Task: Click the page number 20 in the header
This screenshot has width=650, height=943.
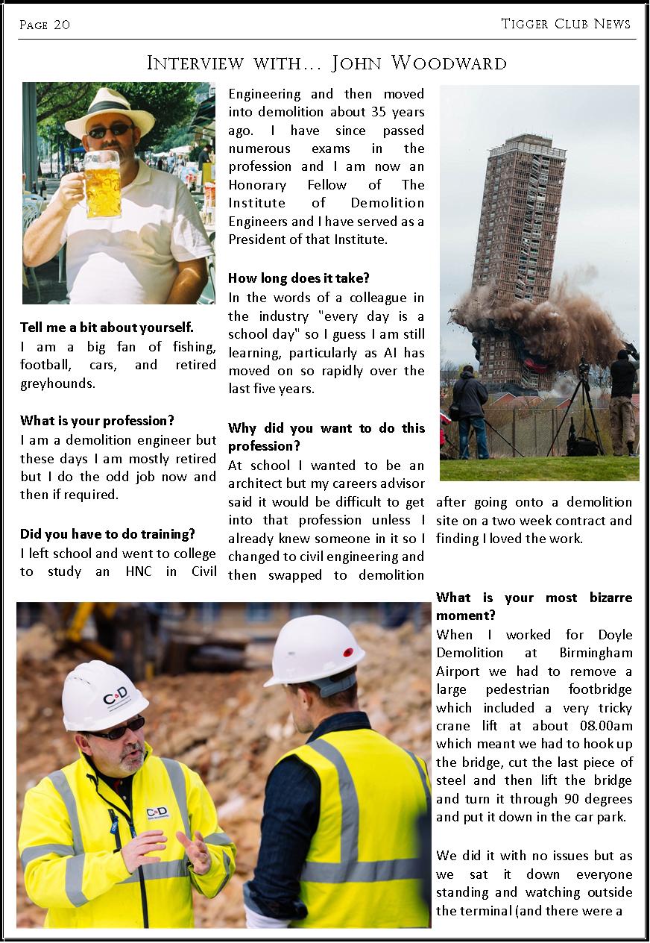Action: (x=62, y=25)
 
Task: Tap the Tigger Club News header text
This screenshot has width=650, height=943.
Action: (x=566, y=24)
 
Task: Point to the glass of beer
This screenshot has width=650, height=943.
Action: (x=102, y=184)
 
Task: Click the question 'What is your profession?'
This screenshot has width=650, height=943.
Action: (x=98, y=421)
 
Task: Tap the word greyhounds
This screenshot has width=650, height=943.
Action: (x=57, y=383)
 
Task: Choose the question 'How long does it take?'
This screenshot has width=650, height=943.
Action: (x=299, y=278)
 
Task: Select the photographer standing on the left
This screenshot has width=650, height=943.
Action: (x=470, y=411)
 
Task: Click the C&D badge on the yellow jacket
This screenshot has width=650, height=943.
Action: (x=157, y=812)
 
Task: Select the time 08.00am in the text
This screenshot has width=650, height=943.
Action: (x=605, y=726)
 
